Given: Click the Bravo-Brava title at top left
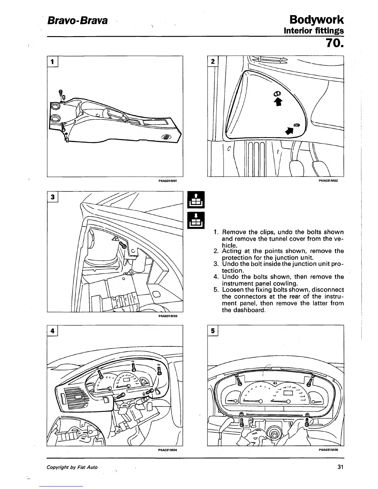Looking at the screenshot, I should click(77, 21).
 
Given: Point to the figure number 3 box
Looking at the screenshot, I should click(53, 197).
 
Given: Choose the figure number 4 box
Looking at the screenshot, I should click(53, 331).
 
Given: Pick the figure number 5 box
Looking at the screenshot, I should click(213, 331).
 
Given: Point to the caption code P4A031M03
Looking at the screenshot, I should click(167, 316).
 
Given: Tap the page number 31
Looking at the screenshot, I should click(340, 467).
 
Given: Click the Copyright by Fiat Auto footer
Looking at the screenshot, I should click(72, 467).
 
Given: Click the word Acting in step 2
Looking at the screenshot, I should click(232, 251).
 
